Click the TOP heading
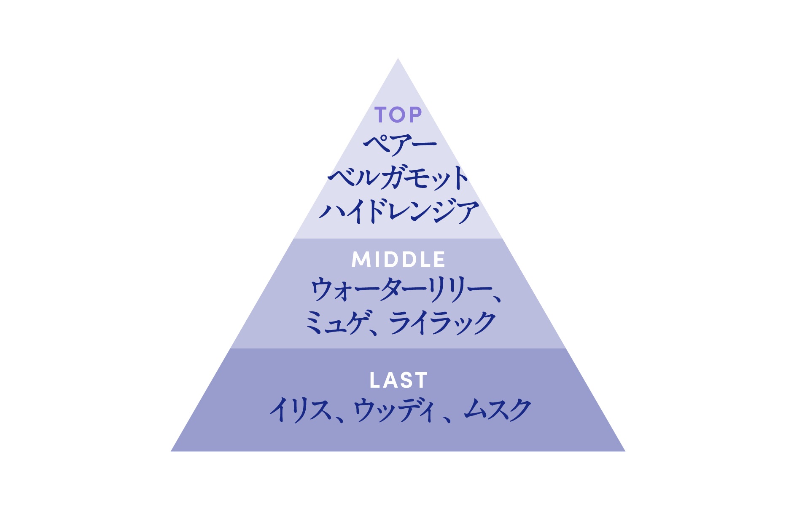pyautogui.click(x=398, y=115)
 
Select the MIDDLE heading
pyautogui.click(x=398, y=260)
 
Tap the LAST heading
pyautogui.click(x=398, y=380)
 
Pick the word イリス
pyautogui.click(x=300, y=410)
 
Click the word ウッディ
pyautogui.click(x=394, y=410)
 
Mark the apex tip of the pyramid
pyautogui.click(x=398, y=58)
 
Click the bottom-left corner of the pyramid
pyautogui.click(x=171, y=451)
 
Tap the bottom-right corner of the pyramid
pyautogui.click(x=625, y=451)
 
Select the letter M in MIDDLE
pyautogui.click(x=361, y=260)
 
